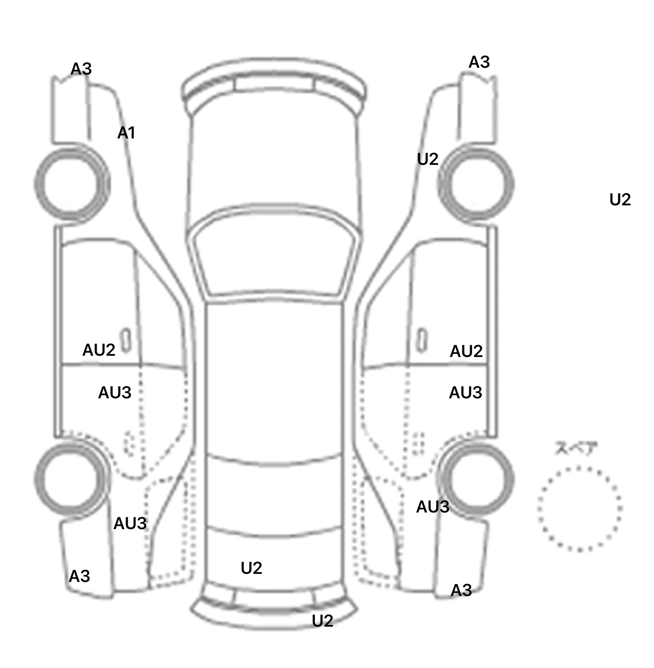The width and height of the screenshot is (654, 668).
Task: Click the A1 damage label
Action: pos(126,133)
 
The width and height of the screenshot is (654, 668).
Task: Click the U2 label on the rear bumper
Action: pos(322,621)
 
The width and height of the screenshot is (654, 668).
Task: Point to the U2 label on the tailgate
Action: pos(251,568)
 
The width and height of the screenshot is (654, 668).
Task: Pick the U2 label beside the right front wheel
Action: pos(427,159)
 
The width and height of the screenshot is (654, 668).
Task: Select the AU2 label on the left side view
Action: pos(99,350)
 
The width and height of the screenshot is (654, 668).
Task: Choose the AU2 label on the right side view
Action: pos(466,351)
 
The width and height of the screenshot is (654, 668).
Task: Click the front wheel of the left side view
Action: pos(72,184)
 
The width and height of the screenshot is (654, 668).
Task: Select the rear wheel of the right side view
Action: pos(477,478)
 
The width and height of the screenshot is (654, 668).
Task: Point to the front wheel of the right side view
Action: pos(476,185)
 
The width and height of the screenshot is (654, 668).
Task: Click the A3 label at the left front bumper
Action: pos(81,69)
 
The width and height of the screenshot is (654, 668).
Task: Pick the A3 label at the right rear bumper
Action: pos(461,590)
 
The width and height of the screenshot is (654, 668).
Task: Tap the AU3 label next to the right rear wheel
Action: pos(433,507)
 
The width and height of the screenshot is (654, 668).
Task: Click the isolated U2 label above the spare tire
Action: pos(620,199)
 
